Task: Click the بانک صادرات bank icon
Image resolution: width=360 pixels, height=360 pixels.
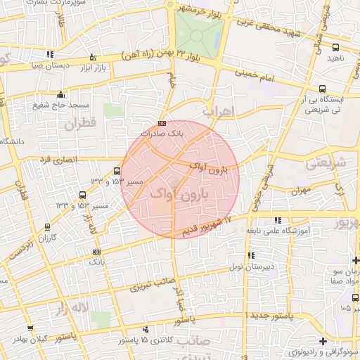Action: click(162, 124)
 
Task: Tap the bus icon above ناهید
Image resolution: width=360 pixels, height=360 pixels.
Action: click(336, 48)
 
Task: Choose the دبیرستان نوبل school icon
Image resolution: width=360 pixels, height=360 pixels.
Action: click(251, 255)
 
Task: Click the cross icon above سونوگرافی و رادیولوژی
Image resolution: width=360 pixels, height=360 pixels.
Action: click(322, 342)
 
